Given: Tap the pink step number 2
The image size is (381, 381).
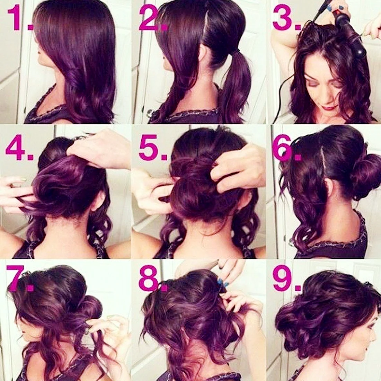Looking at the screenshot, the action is coord(153,18).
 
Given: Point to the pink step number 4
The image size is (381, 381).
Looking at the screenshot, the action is coord(19,148).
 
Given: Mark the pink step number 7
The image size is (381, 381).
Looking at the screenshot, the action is coord(19,278).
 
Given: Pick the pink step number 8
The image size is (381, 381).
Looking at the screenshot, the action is coord(153,278).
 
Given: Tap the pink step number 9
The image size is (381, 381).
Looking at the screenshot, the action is coord(287,278).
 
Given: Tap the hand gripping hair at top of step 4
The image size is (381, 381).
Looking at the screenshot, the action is coord(97,148).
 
